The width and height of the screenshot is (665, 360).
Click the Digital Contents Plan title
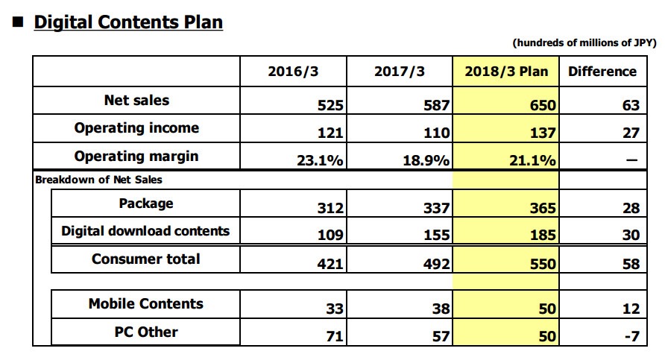[128, 22]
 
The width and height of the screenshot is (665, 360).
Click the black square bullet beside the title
[17, 23]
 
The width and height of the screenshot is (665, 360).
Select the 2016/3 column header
[293, 72]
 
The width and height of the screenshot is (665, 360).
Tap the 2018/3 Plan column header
[505, 72]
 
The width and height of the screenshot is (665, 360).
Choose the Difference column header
[602, 72]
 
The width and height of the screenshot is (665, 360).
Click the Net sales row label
[136, 100]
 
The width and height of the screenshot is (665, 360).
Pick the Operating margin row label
[136, 157]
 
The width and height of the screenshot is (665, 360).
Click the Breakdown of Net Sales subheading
[98, 180]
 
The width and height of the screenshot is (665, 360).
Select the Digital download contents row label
[145, 231]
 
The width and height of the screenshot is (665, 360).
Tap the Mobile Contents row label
[145, 303]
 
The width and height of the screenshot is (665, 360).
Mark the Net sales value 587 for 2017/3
[436, 106]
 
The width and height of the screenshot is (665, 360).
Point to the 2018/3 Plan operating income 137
[542, 134]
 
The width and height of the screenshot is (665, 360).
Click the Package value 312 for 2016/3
[330, 209]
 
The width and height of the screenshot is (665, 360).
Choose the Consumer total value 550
[542, 264]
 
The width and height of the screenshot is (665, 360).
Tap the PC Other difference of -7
[631, 336]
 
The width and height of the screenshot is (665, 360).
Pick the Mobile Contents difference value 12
[631, 309]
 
